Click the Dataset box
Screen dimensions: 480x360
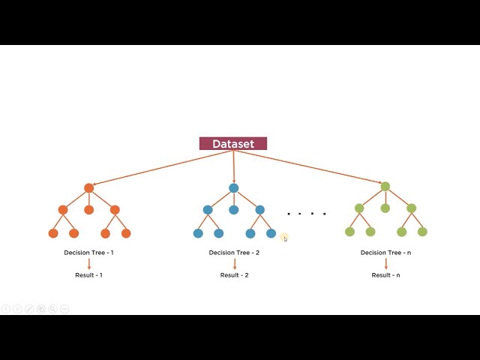(233, 144)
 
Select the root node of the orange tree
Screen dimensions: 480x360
(88, 188)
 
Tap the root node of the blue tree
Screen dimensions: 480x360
(234, 188)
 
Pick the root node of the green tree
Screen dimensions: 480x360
(385, 187)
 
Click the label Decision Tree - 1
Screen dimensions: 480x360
(88, 253)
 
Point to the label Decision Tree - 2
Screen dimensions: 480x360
(234, 253)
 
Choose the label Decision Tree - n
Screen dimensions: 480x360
(385, 253)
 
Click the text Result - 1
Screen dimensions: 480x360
(88, 275)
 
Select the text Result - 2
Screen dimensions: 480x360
(234, 275)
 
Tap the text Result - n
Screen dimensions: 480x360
(385, 275)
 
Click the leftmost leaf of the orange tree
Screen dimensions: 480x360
(53, 233)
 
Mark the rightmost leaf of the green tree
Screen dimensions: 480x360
(422, 232)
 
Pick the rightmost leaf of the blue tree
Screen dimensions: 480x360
(271, 233)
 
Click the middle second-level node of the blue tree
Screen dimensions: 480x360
(234, 210)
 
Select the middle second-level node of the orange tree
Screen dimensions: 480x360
(88, 210)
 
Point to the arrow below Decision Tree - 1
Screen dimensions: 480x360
(88, 264)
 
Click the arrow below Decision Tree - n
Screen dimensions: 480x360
(385, 264)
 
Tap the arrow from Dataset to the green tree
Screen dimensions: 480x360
(315, 166)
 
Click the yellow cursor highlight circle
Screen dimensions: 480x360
(284, 238)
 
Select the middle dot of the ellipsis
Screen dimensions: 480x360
(312, 214)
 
